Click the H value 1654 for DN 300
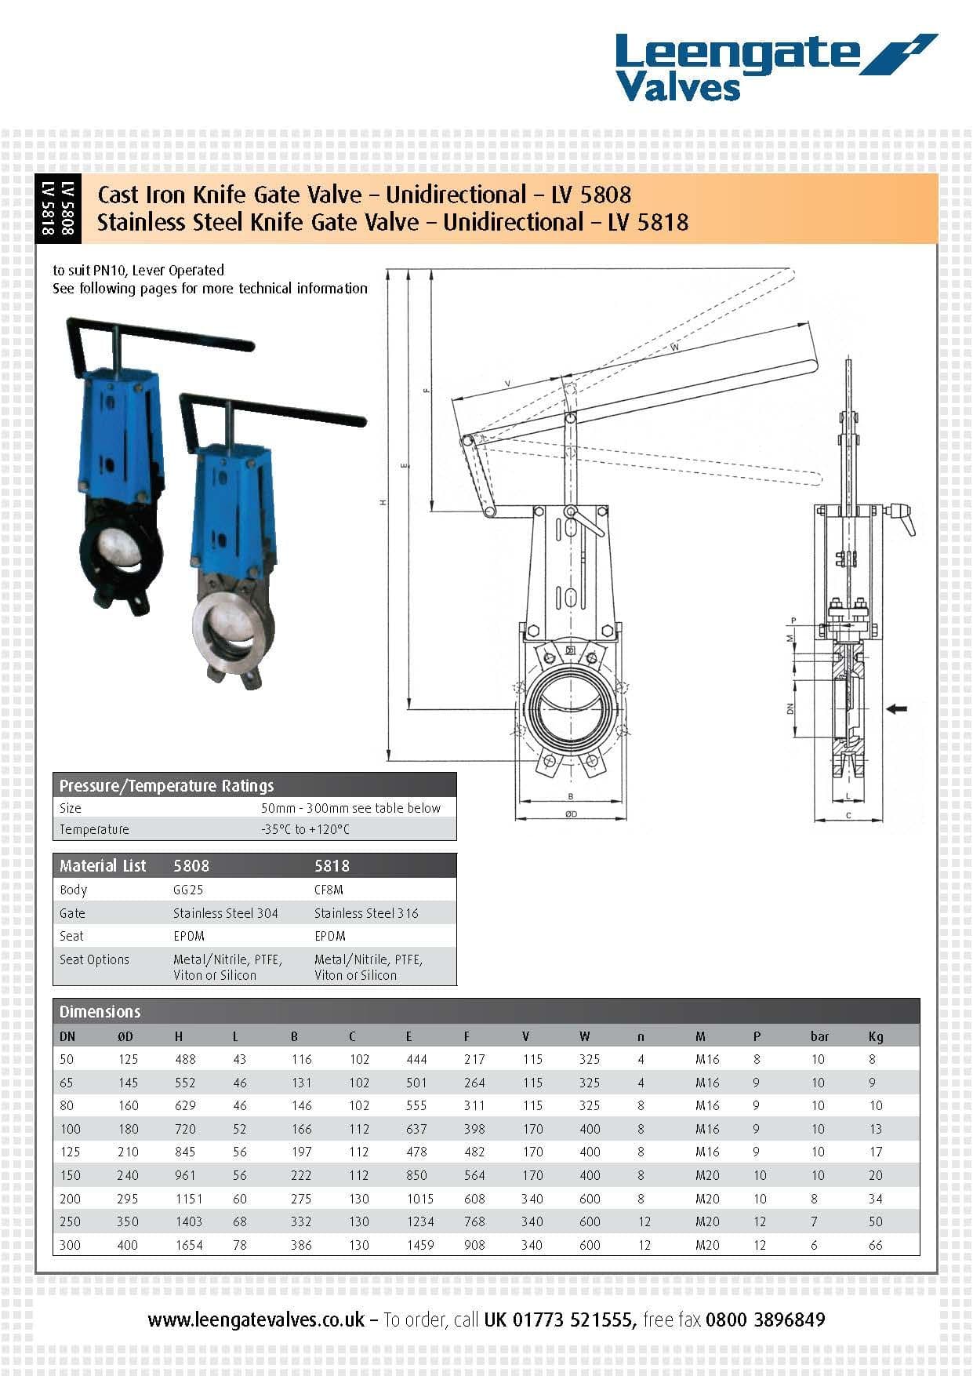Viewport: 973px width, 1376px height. [x=188, y=1244]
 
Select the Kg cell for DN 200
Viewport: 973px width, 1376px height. [x=875, y=1198]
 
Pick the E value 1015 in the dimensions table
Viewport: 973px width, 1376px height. [x=419, y=1198]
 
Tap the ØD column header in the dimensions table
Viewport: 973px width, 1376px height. [x=125, y=1036]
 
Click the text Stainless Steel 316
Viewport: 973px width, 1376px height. [x=366, y=913]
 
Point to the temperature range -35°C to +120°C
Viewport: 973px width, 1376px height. [x=305, y=829]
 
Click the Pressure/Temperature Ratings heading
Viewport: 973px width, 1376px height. [x=166, y=785]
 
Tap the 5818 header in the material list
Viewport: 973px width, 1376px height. [x=332, y=866]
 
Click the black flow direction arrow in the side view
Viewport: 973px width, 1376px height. [x=896, y=708]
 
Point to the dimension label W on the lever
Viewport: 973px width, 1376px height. [x=675, y=347]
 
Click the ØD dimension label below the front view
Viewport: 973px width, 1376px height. [x=571, y=814]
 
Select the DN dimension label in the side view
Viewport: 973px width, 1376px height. [x=791, y=708]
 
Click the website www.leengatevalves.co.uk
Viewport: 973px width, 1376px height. [x=256, y=1320]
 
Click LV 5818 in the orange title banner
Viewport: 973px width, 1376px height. [x=648, y=222]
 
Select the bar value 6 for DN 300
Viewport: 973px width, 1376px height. [x=814, y=1244]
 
